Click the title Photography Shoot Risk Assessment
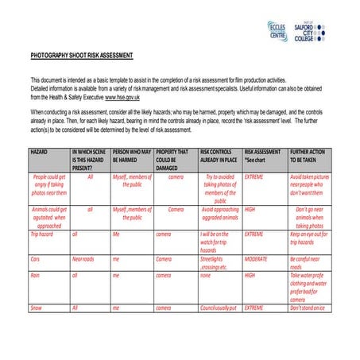(x=82, y=56)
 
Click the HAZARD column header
(x=40, y=151)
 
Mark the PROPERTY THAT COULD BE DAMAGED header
(x=173, y=159)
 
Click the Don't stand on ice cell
(x=308, y=307)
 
